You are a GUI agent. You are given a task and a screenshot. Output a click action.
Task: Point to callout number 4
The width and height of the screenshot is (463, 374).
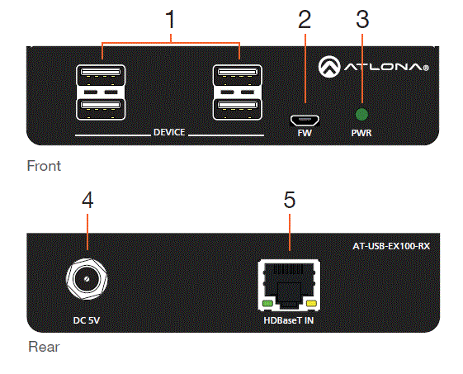88,201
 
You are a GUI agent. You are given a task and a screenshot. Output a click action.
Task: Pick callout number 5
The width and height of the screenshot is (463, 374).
289,201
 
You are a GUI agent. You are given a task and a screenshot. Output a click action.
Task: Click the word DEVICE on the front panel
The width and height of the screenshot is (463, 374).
169,132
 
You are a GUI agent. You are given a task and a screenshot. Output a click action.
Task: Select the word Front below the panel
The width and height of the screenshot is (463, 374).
44,166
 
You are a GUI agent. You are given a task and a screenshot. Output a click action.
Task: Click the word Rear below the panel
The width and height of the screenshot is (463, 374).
42,347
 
